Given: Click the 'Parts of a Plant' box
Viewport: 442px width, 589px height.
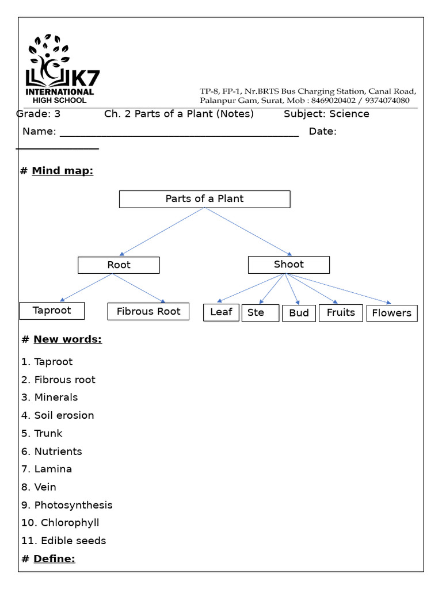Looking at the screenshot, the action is click(204, 199).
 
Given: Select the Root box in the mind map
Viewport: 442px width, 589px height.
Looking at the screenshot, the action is click(119, 265).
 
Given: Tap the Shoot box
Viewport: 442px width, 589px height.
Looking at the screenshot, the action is click(288, 265).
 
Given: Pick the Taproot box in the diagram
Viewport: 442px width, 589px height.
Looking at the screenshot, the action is click(52, 311).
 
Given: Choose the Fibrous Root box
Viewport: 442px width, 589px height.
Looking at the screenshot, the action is click(148, 312).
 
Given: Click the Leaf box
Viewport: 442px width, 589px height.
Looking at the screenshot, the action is click(221, 312).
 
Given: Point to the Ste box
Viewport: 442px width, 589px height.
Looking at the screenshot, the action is click(260, 313).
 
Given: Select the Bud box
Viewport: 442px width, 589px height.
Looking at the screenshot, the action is click(299, 313).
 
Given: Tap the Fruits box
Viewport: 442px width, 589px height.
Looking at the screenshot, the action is click(341, 313).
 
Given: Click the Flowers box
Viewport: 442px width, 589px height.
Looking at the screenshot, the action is click(391, 313).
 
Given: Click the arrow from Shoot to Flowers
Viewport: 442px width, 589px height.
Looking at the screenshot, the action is click(340, 288).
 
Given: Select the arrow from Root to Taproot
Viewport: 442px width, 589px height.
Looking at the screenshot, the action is click(86, 287).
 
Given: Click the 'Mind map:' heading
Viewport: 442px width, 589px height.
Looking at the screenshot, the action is click(62, 171).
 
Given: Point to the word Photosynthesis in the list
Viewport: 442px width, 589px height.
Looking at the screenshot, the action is click(73, 505).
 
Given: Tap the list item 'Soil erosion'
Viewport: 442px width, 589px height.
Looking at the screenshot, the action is click(64, 415).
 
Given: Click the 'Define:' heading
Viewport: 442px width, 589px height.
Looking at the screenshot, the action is click(54, 559).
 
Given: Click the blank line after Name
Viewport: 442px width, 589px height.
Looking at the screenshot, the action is click(179, 133).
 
